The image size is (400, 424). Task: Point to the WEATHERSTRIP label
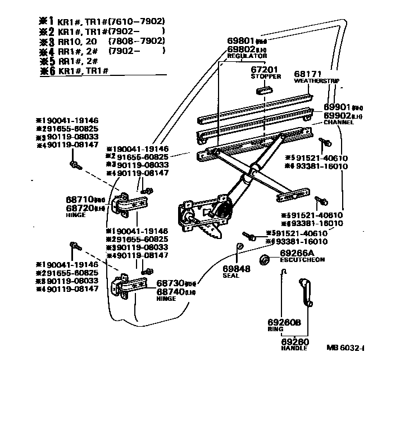coord(316,81)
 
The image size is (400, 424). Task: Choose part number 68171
coord(308,74)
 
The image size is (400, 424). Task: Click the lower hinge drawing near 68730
coord(125,286)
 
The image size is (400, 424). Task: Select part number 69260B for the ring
coord(284,322)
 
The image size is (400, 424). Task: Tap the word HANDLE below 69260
coord(294,348)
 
